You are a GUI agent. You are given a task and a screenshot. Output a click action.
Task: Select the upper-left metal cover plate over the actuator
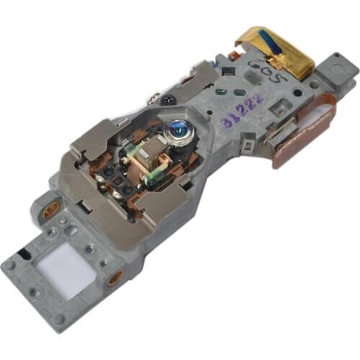(97, 144)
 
